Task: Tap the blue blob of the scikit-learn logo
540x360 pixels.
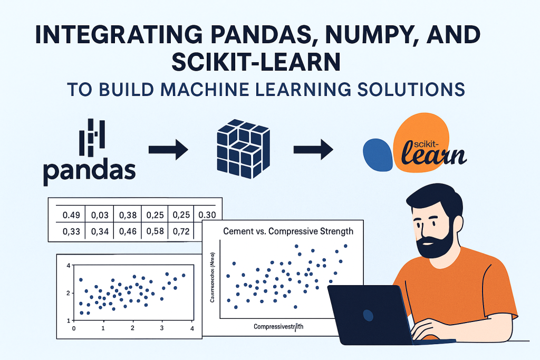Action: coord(378,154)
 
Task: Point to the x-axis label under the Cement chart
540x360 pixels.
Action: coord(278,327)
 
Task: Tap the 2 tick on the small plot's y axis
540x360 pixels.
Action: coord(67,293)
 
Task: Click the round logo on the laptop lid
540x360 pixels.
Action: coord(368,315)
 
